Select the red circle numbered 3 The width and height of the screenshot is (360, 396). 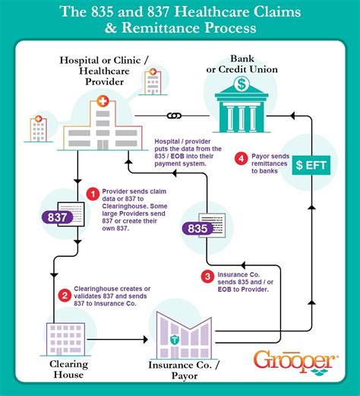(207, 277)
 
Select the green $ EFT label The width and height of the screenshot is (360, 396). (311, 164)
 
